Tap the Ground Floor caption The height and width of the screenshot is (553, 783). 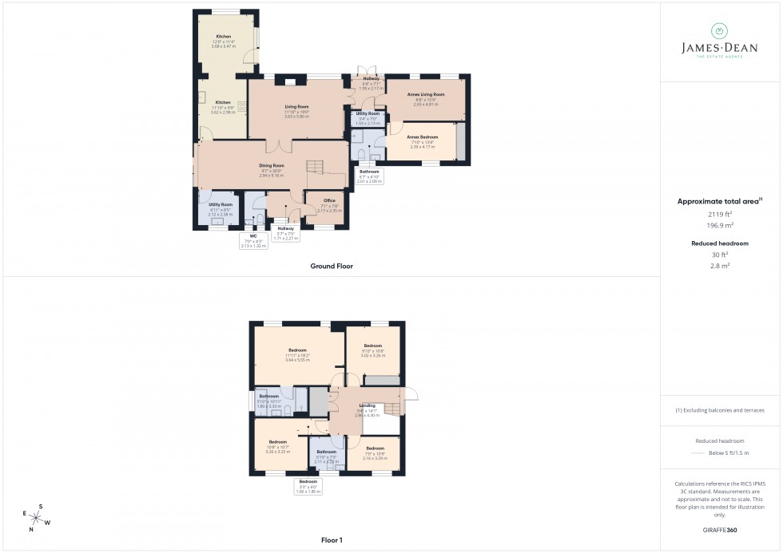pyautogui.click(x=331, y=266)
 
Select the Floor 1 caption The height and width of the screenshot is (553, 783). pyautogui.click(x=332, y=540)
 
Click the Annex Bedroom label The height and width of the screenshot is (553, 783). pyautogui.click(x=423, y=136)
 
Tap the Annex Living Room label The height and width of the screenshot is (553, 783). pyautogui.click(x=425, y=94)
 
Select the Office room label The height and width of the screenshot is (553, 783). pyautogui.click(x=328, y=200)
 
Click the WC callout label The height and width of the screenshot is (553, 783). pyautogui.click(x=253, y=236)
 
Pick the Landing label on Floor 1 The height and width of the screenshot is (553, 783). pyautogui.click(x=368, y=405)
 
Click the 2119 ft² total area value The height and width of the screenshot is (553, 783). pyautogui.click(x=721, y=214)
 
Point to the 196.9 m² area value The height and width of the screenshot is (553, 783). pyautogui.click(x=721, y=225)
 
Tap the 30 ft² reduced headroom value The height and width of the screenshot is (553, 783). pyautogui.click(x=721, y=255)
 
